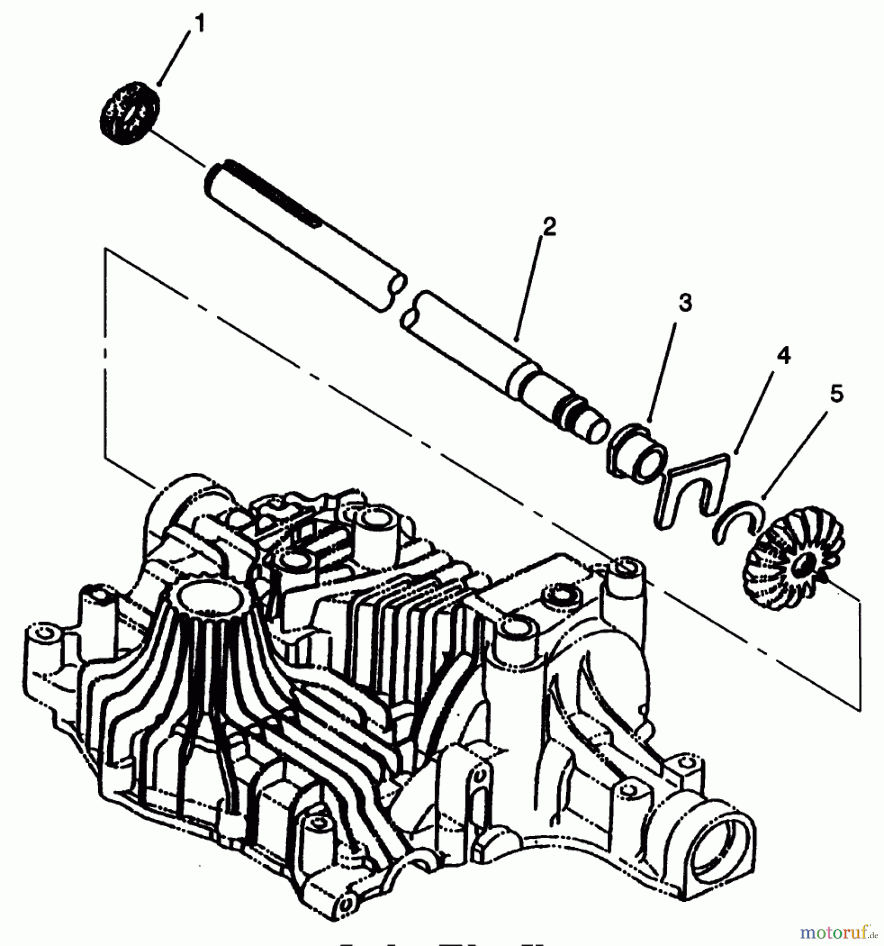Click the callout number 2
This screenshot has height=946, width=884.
[x=549, y=227]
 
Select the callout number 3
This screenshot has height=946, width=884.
[x=685, y=303]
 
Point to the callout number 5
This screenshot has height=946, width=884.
[x=836, y=394]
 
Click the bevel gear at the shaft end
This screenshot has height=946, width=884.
[x=793, y=560]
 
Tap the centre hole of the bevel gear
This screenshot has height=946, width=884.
[x=802, y=565]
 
